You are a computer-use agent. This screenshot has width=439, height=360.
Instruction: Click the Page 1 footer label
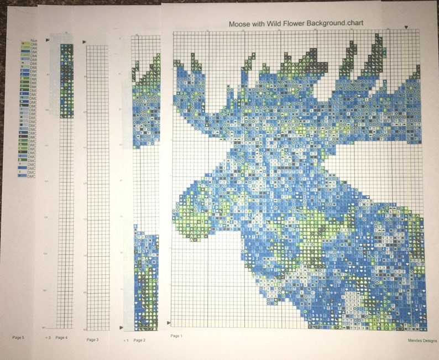pyautogui.click(x=176, y=336)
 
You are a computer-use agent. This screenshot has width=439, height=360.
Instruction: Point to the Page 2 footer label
pyautogui.click(x=139, y=340)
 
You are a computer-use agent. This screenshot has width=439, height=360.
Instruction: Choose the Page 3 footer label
pyautogui.click(x=92, y=340)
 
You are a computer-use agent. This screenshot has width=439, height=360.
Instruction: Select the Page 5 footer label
pyautogui.click(x=18, y=337)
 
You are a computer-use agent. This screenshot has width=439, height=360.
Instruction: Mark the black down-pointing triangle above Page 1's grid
pyautogui.click(x=407, y=27)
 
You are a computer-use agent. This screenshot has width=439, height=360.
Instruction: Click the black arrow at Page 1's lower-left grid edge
pyautogui.click(x=169, y=322)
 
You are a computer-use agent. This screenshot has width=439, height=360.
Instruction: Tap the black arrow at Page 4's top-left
pyautogui.click(x=48, y=40)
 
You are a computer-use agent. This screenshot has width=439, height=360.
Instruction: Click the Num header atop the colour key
pyautogui.click(x=33, y=41)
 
